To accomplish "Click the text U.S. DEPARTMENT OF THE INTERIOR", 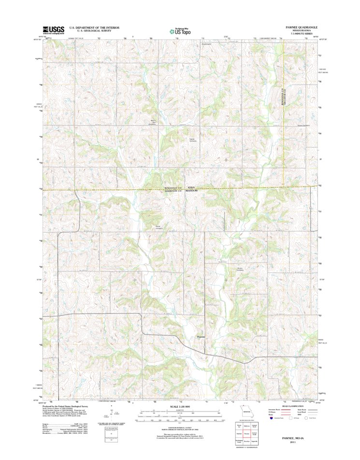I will (x=95, y=28).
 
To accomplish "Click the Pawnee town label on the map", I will (x=202, y=337).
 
